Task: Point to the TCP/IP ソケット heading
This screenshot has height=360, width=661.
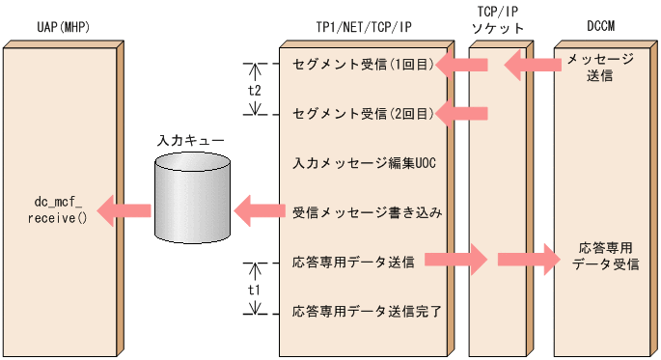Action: pyautogui.click(x=498, y=20)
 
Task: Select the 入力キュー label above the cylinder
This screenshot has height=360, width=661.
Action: pyautogui.click(x=191, y=141)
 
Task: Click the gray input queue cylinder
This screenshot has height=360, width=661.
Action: pyautogui.click(x=192, y=198)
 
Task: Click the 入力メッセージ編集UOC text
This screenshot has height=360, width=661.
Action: pyautogui.click(x=364, y=163)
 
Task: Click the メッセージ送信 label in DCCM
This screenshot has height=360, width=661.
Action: pyautogui.click(x=600, y=68)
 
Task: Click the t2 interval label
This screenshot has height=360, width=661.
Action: pyautogui.click(x=255, y=89)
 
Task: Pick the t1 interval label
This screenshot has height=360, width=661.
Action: pyautogui.click(x=255, y=288)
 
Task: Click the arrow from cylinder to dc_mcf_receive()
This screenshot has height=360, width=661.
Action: pyautogui.click(x=124, y=209)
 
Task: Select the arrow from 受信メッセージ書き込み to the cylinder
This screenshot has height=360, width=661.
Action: pyautogui.click(x=260, y=209)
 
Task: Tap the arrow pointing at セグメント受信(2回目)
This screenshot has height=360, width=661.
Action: pyautogui.click(x=462, y=114)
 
